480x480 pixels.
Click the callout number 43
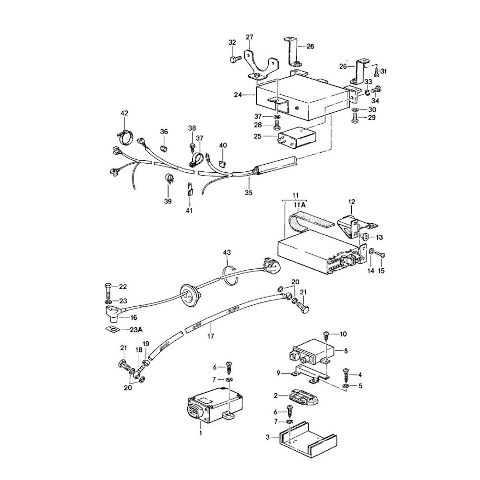tap(227, 252)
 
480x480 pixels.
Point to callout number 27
tap(249, 37)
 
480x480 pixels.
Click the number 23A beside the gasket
tap(136, 330)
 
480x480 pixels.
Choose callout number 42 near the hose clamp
tap(124, 113)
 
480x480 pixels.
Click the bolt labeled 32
tap(235, 59)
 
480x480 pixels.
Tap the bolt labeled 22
tap(107, 289)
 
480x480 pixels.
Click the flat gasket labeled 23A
tap(111, 329)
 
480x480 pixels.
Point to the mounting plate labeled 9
tap(307, 373)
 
